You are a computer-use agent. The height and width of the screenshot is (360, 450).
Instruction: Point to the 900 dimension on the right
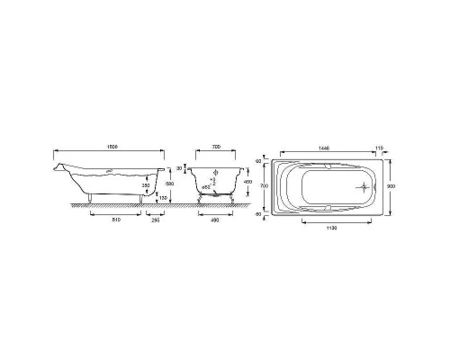point(391,186)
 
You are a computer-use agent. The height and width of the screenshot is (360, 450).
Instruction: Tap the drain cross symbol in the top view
point(363,187)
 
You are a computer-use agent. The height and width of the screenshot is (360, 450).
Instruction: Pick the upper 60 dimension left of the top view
point(258,161)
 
